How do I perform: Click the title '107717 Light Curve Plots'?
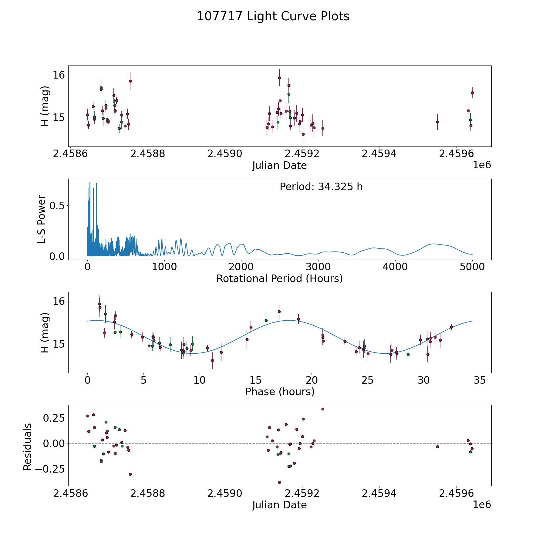click(273, 16)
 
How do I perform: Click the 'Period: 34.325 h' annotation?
click(321, 187)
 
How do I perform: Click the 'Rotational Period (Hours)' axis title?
click(279, 278)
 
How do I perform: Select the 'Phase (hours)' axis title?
click(280, 392)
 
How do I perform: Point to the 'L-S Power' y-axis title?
click(42, 219)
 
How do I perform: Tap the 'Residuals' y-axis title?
click(28, 447)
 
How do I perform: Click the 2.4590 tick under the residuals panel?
click(225, 494)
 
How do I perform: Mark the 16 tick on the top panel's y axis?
click(59, 75)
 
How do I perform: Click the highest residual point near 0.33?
click(323, 409)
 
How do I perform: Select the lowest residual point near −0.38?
click(279, 482)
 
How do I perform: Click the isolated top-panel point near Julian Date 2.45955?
click(437, 122)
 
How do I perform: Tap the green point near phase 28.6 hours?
click(408, 355)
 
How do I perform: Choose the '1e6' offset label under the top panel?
click(482, 165)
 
